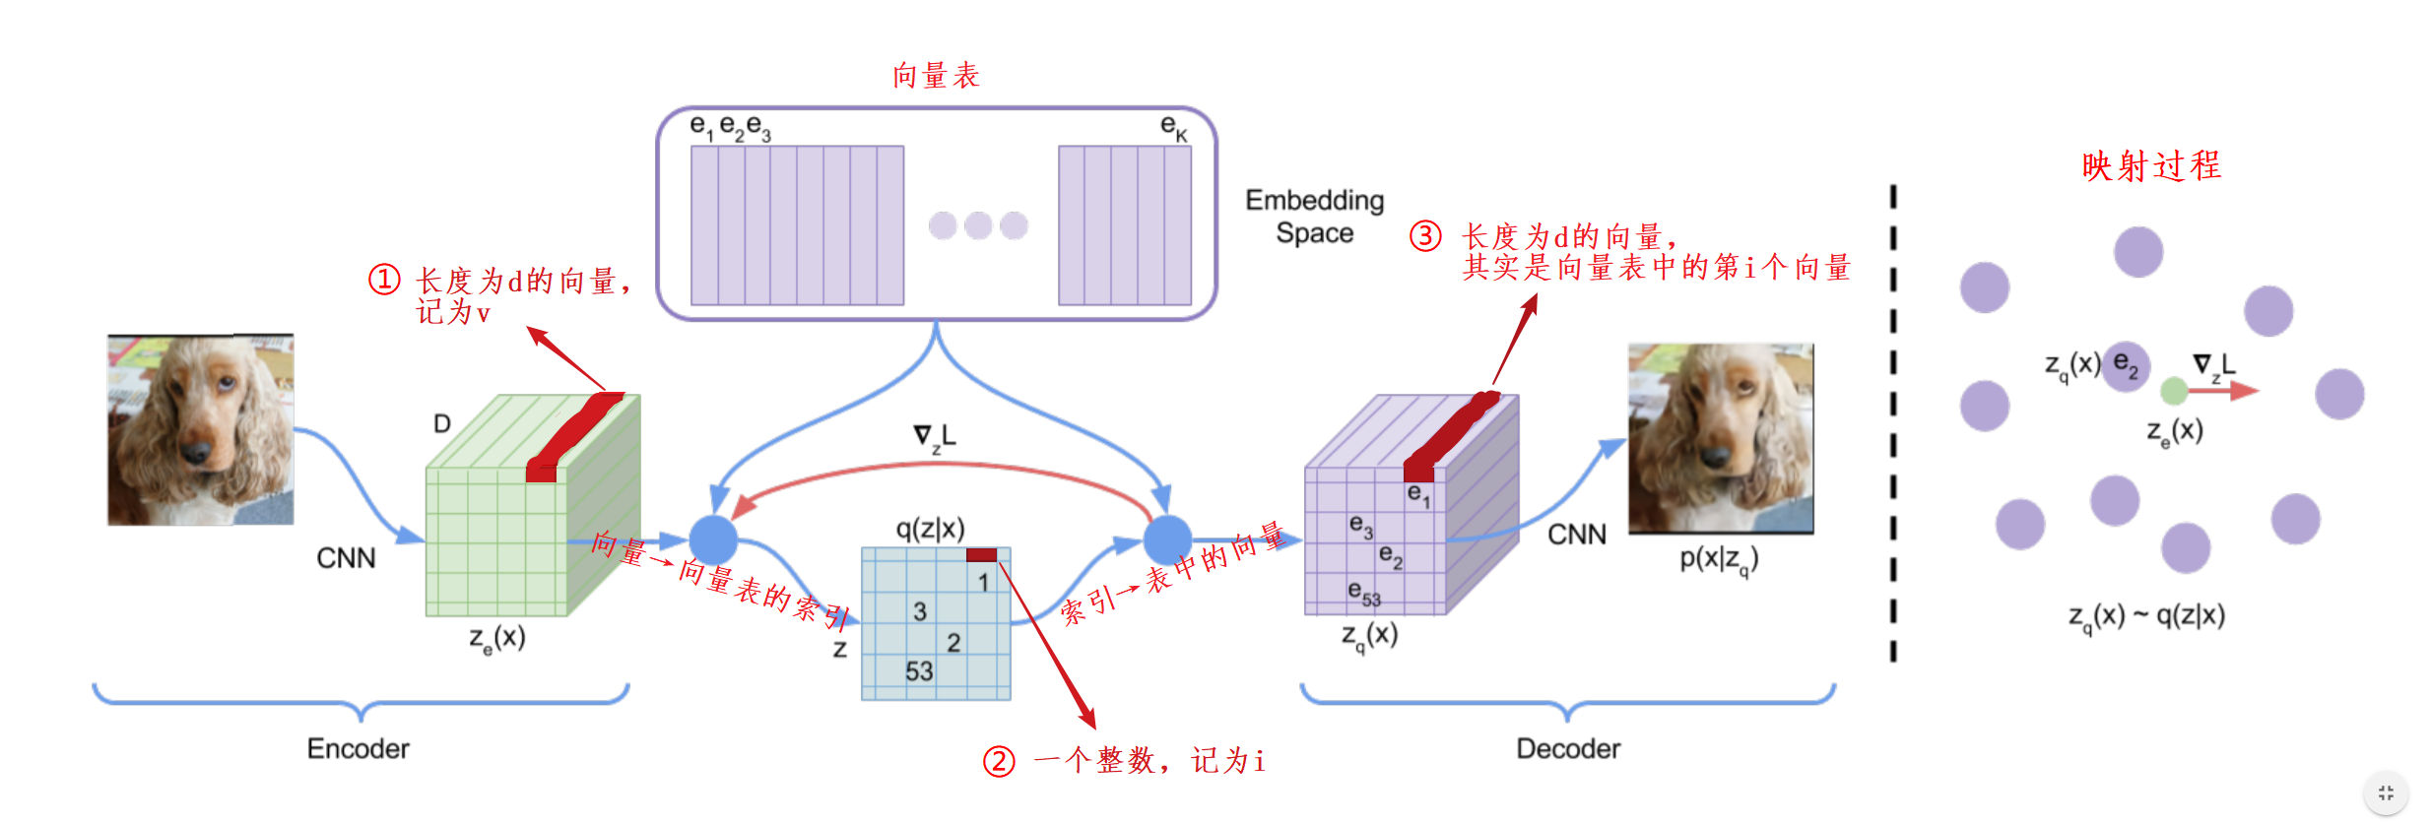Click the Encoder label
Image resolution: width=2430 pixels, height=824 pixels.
[x=358, y=748]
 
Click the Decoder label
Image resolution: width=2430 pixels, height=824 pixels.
[x=1567, y=748]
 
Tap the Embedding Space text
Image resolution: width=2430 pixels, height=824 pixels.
[x=1314, y=217]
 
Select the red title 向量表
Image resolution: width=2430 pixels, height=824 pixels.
[x=936, y=76]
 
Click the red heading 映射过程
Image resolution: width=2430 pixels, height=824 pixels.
[x=2151, y=165]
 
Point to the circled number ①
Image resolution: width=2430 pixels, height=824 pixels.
[x=384, y=280]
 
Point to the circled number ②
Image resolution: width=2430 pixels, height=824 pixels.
[x=999, y=761]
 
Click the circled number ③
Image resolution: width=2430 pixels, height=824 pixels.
[x=1425, y=236]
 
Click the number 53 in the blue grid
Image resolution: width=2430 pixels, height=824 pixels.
[x=919, y=671]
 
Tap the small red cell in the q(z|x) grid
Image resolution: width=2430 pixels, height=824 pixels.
[x=981, y=555]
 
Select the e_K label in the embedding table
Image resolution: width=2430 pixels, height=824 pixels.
[x=1173, y=127]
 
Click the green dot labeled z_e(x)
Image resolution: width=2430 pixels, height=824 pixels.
[x=2174, y=392]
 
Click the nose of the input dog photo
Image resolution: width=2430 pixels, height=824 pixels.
[x=196, y=453]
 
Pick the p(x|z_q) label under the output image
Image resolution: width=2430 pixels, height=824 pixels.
[x=1718, y=559]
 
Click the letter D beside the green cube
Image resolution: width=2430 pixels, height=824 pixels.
[x=442, y=423]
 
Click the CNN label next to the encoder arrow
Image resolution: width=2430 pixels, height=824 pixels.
[x=346, y=558]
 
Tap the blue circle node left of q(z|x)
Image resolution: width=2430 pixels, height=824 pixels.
[x=713, y=539]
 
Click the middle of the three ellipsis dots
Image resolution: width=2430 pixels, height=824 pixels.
[x=978, y=225]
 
